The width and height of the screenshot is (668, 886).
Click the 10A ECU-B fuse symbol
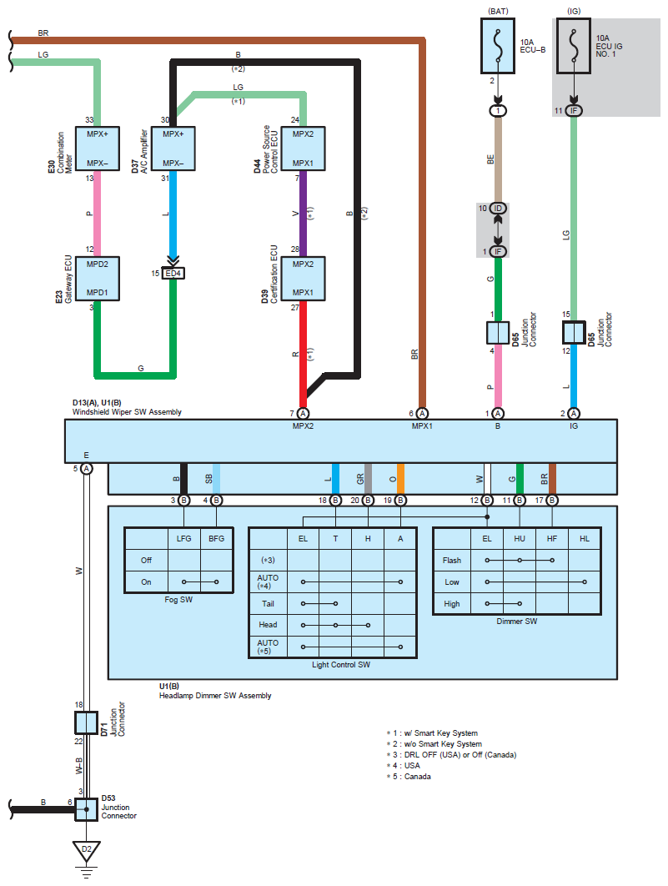point(498,46)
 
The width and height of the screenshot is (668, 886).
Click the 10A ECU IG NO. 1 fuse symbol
point(574,46)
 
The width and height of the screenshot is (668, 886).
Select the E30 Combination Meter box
point(97,149)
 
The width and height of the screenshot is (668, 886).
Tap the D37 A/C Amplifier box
point(173,149)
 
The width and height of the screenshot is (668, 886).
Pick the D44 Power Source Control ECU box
point(304,149)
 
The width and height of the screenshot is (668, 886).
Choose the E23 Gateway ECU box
point(97,279)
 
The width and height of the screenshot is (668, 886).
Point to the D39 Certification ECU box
point(304,279)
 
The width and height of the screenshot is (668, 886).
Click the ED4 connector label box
point(173,274)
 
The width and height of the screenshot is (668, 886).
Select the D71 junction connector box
point(87,722)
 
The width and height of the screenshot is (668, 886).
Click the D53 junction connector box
point(87,809)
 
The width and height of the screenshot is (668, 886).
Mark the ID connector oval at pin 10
point(498,209)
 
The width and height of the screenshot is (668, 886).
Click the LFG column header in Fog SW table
point(184,538)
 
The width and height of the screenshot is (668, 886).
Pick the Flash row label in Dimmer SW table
point(452,561)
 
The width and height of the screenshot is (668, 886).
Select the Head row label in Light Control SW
point(268,625)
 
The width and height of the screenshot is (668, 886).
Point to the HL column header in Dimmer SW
point(585,539)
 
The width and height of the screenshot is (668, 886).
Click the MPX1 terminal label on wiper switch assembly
point(422,426)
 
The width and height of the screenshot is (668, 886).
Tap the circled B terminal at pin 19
point(400,500)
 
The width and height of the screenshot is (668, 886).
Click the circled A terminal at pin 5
point(87,468)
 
